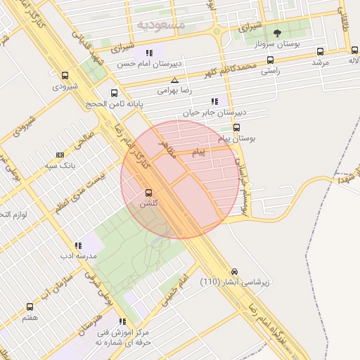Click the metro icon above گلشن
[148, 193]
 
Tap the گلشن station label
[148, 203]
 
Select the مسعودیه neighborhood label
[162, 25]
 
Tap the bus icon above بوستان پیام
[236, 128]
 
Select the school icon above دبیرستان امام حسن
[149, 53]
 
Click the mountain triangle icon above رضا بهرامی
[174, 81]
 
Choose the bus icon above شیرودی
[65, 76]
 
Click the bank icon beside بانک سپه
[60, 155]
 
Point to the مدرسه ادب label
[77, 257]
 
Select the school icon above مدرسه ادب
[77, 245]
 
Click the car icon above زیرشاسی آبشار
[234, 271]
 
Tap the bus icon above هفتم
[30, 307]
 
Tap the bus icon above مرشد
[321, 51]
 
